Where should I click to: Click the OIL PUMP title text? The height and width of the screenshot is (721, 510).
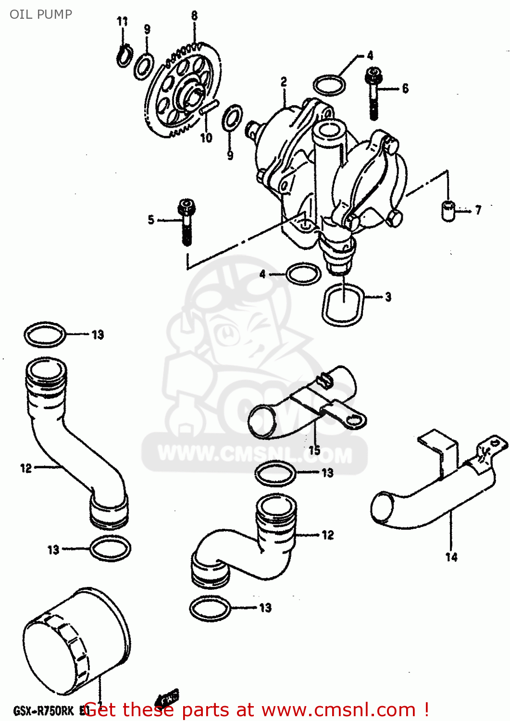pos(41,14)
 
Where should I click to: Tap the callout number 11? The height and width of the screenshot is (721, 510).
pos(123,21)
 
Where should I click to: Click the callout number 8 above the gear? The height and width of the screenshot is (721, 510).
pos(194,15)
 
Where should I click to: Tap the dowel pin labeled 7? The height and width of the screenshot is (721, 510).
pos(448,211)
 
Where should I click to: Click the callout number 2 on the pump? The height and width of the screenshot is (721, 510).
pos(284,82)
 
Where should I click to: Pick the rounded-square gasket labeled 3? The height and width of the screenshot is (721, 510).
pos(343,305)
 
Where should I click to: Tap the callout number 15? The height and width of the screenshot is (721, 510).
pos(314,450)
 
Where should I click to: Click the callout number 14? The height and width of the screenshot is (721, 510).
pos(451,557)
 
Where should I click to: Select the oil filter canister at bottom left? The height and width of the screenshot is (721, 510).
pos(76,642)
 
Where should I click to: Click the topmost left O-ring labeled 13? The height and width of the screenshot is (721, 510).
pos(45,335)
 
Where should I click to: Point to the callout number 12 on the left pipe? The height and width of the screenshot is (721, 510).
pos(26,468)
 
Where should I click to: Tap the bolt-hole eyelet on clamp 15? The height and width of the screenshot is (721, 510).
pos(354,421)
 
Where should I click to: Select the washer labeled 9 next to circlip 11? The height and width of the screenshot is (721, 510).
pos(143,67)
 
